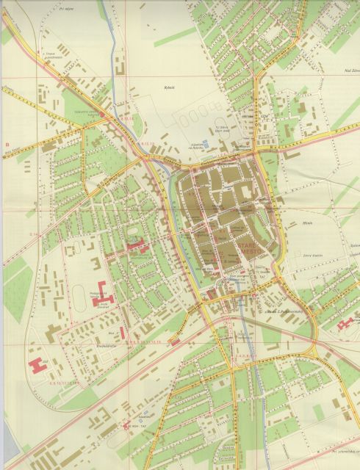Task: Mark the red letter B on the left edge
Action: (x=7, y=144)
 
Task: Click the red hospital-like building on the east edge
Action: (x=343, y=322)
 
